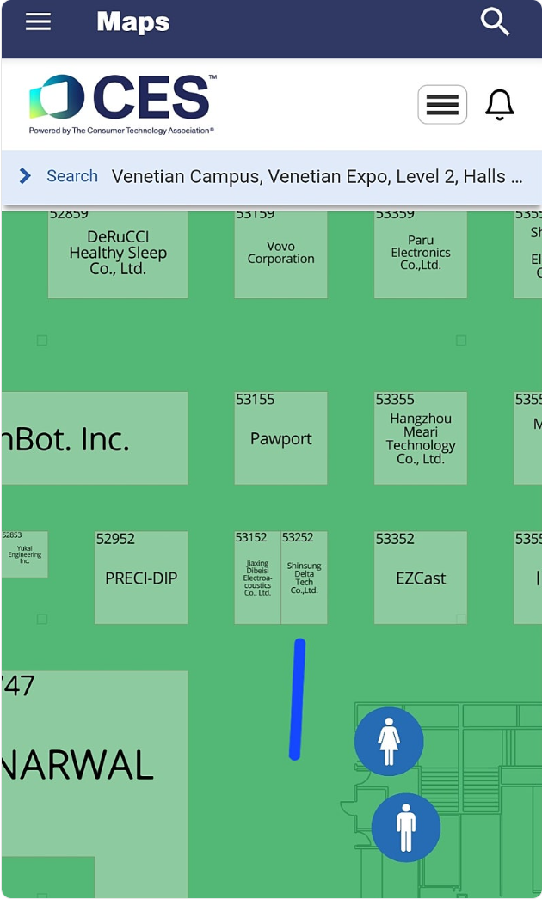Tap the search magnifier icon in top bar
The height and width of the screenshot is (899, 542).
496,21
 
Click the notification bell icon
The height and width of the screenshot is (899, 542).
500,105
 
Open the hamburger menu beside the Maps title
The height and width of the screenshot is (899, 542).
38,21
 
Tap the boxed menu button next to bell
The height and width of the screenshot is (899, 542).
442,105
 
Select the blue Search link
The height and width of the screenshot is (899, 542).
71,176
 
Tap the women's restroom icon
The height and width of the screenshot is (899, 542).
389,741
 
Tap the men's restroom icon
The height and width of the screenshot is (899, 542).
406,827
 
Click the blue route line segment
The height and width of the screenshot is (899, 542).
298,699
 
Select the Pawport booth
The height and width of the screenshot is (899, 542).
280,438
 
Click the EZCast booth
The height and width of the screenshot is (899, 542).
421,578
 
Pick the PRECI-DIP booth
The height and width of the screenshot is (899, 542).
141,578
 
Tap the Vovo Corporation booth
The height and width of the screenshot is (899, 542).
280,253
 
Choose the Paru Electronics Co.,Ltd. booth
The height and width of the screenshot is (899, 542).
421,253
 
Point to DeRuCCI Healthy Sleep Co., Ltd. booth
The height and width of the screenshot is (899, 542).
118,254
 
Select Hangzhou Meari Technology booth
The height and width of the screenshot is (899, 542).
421,438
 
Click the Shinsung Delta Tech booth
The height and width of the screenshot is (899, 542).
304,578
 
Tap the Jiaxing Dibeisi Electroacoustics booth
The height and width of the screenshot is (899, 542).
257,578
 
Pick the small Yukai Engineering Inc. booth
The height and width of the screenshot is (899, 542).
24,554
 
